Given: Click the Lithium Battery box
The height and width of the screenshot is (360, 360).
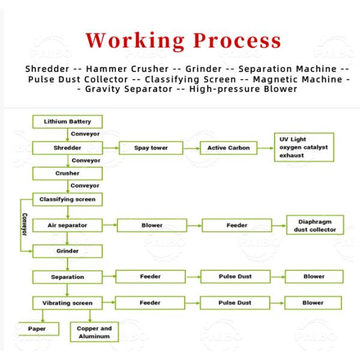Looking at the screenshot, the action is coord(67,122).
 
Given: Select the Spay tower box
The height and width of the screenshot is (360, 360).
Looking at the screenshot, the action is coord(151,148).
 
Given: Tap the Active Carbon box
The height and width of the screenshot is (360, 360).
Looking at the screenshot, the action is coord(229,148).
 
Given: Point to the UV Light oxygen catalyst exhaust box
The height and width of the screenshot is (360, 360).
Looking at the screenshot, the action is coord(304,147).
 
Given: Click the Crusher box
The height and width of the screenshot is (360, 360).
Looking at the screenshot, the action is coord(67,173).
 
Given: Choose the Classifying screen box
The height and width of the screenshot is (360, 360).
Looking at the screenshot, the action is coord(67,199).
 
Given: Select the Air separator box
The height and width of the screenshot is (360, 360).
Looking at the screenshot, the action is coord(67,225).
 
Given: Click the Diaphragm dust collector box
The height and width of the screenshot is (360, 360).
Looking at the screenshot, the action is coord(315,225).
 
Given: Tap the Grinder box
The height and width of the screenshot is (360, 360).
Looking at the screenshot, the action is coord(67,251).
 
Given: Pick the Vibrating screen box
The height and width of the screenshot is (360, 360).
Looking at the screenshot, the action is coord(67,303).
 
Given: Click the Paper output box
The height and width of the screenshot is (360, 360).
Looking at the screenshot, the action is coord(38,329).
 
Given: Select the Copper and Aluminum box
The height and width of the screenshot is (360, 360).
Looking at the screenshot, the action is coord(94,332).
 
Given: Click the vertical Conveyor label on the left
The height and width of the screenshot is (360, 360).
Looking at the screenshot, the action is coord(25,224).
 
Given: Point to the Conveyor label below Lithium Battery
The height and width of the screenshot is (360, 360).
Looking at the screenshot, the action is coord(85,134).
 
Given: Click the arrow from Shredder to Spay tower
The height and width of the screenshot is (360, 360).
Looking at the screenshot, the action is coord(110,148).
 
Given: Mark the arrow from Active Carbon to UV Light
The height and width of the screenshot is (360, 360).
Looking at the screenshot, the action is coord(266,148).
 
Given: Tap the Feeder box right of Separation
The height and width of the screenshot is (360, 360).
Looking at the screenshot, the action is coord(151,277).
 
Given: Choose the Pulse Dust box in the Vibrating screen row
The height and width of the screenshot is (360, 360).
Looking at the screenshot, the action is coord(235,303).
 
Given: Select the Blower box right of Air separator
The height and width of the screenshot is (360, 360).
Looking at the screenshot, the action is coord(152,225).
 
